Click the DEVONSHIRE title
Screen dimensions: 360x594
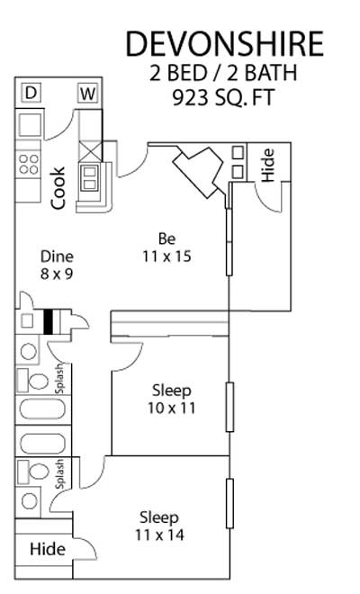point(225,44)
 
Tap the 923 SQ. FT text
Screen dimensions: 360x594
point(223,97)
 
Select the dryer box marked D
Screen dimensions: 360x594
point(31,93)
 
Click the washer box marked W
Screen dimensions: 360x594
point(88,94)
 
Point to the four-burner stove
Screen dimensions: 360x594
point(29,164)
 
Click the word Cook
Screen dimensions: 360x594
point(58,188)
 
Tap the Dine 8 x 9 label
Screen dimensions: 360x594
point(57,265)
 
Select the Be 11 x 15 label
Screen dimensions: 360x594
point(166,247)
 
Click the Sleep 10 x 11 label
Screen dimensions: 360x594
point(172,399)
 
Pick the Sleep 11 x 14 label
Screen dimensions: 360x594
point(159,526)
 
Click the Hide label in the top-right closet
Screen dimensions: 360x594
point(267,165)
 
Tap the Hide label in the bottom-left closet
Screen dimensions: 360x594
point(48,549)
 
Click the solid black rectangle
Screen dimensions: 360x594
point(48,322)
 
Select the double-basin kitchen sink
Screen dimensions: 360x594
point(90,178)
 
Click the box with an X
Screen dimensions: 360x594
point(90,151)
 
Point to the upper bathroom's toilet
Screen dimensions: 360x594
point(33,380)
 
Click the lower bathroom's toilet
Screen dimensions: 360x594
point(33,472)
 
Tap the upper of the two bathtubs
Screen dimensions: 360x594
point(42,409)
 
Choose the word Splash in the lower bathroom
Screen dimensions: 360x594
point(59,474)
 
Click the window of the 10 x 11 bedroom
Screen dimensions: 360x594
point(229,407)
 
